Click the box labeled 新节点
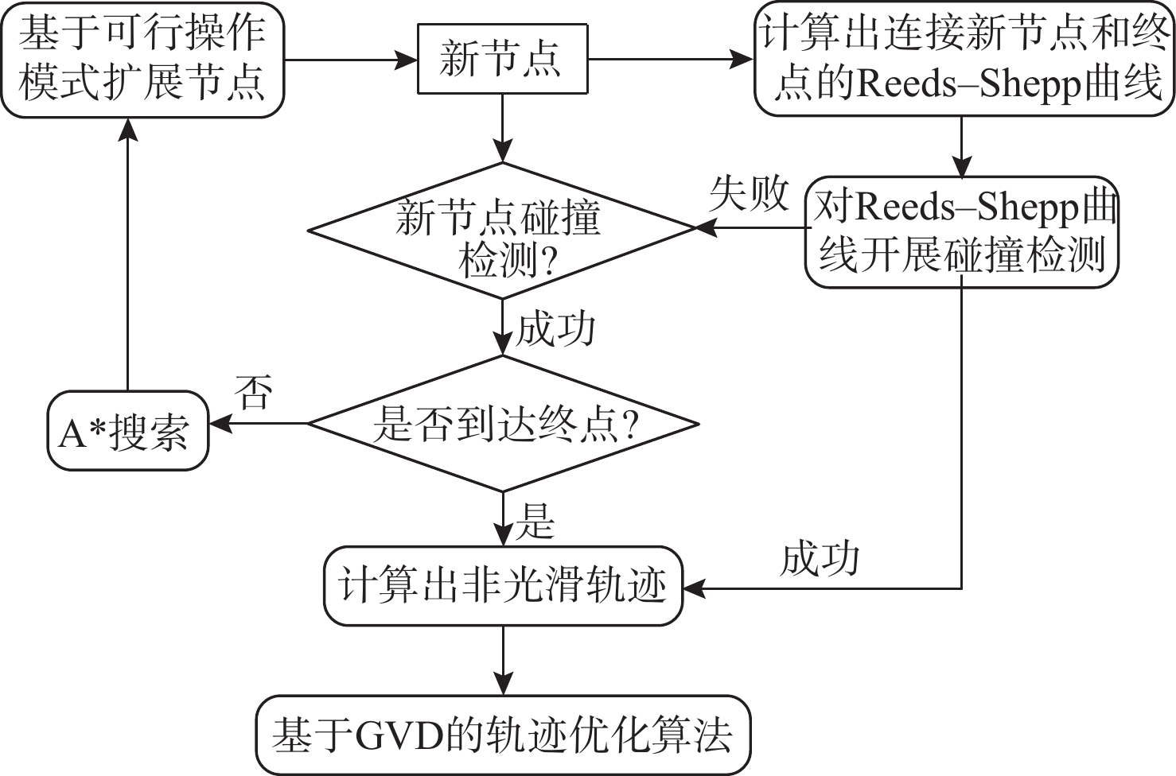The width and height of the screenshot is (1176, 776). [502, 60]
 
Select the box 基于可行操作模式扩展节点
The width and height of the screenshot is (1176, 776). [142, 60]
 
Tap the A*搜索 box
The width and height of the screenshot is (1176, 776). [128, 431]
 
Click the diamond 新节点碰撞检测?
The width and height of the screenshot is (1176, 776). [502, 231]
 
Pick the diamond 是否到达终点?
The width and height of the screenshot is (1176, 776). [503, 424]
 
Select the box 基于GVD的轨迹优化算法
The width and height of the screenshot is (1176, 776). [503, 735]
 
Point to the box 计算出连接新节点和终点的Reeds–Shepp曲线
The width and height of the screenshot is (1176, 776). [964, 60]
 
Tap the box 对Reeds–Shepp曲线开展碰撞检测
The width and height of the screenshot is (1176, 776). [962, 231]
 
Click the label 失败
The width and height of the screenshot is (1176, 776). [749, 193]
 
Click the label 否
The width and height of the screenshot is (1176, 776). [254, 392]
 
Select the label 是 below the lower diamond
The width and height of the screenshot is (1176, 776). [535, 522]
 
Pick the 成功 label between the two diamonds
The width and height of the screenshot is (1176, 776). [555, 328]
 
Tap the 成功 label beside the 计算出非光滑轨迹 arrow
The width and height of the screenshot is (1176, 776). [820, 558]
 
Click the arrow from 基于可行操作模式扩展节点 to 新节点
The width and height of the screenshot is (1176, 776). [350, 60]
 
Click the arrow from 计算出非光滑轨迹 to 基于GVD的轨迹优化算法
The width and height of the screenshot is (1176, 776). [503, 660]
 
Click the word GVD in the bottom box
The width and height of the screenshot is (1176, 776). [399, 735]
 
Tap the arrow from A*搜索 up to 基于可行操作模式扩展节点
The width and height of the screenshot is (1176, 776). [127, 254]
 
